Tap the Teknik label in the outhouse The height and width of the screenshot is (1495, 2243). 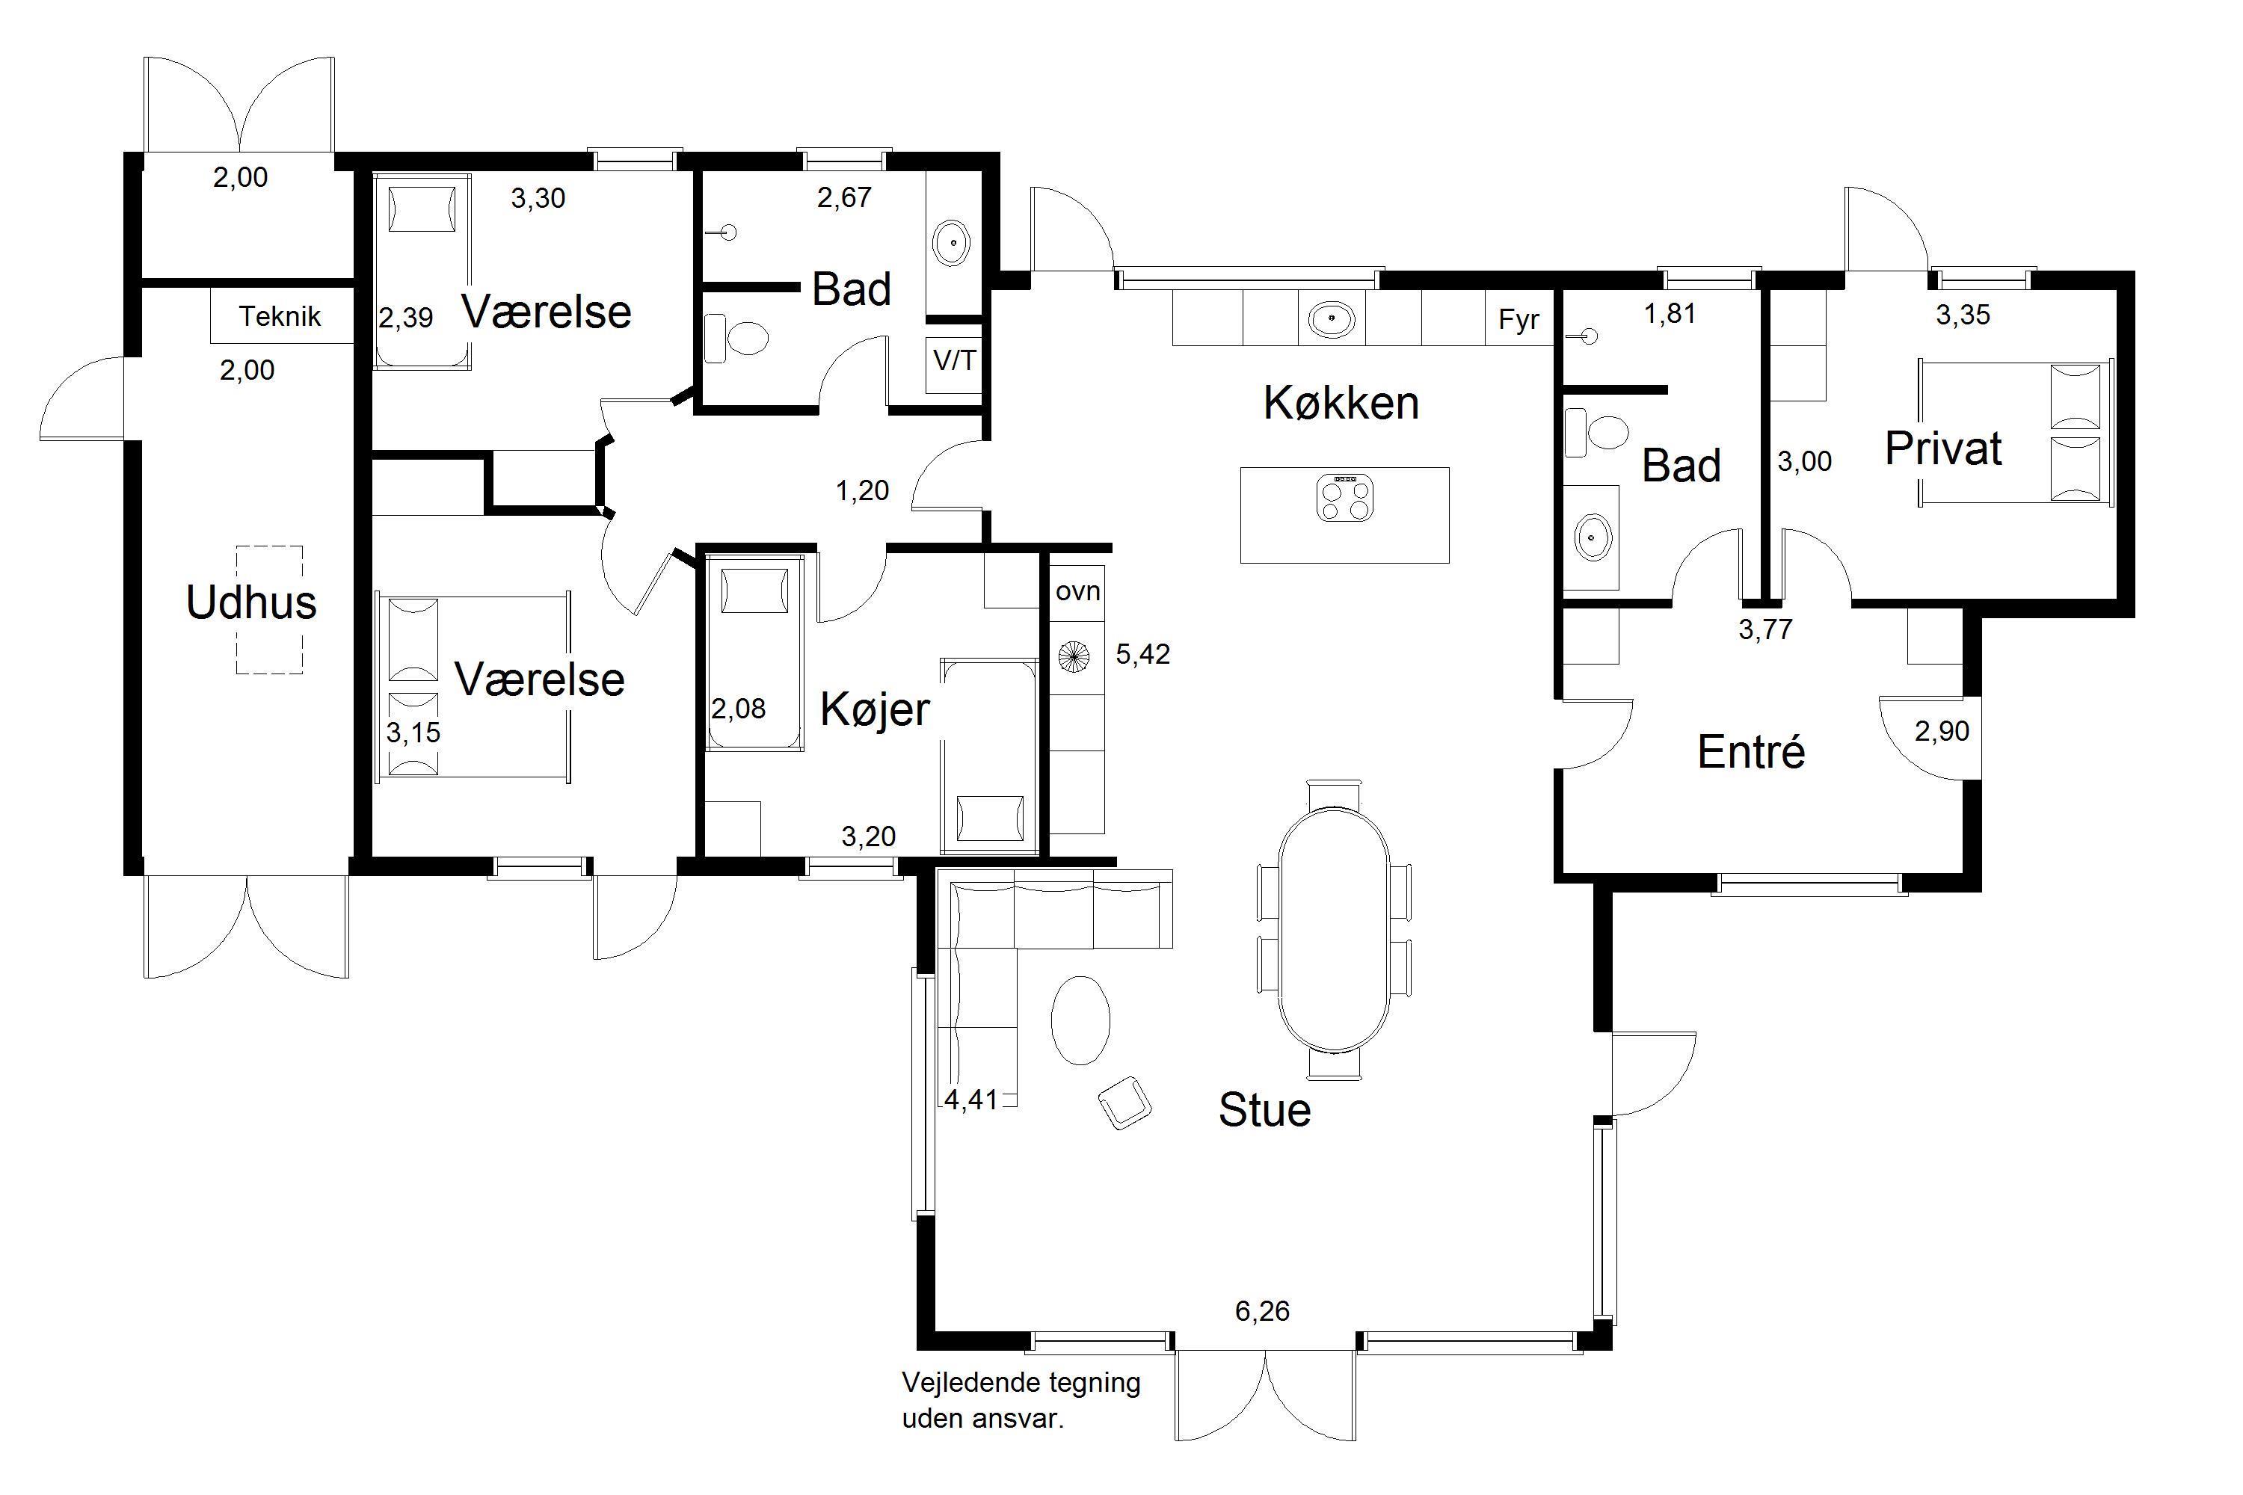pyautogui.click(x=280, y=315)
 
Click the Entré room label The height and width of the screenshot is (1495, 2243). pyautogui.click(x=1751, y=751)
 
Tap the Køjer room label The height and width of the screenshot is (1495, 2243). pyautogui.click(x=875, y=709)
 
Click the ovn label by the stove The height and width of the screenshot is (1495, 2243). pyautogui.click(x=1077, y=591)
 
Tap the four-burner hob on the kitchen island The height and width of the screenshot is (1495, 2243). pyautogui.click(x=1344, y=498)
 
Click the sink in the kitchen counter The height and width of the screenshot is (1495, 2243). pyautogui.click(x=1332, y=318)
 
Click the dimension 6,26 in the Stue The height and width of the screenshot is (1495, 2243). pyautogui.click(x=1262, y=1311)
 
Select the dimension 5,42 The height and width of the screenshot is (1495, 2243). pyautogui.click(x=1142, y=654)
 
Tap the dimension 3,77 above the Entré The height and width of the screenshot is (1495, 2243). pyautogui.click(x=1765, y=629)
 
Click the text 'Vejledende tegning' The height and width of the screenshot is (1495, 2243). pyautogui.click(x=1021, y=1382)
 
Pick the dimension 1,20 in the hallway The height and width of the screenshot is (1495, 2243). pyautogui.click(x=862, y=490)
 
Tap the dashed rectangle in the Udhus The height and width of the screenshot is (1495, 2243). pyautogui.click(x=270, y=609)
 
